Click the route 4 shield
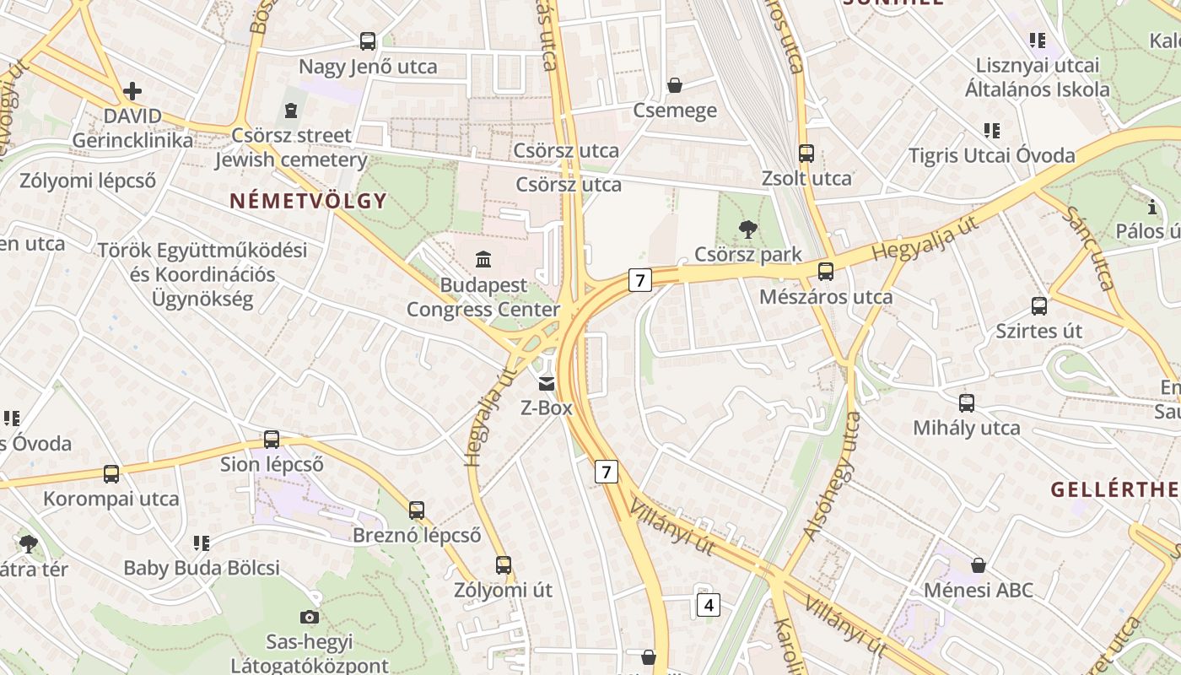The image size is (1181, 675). [709, 604]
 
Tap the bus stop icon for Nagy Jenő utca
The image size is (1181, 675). [368, 40]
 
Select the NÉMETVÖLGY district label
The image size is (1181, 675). [308, 201]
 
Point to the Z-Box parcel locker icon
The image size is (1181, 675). [547, 384]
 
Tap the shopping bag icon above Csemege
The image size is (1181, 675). [675, 85]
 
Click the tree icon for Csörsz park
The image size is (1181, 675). [747, 229]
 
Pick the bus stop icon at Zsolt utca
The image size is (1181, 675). [806, 154]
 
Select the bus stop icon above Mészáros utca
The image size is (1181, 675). [826, 272]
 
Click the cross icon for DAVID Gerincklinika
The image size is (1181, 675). [132, 91]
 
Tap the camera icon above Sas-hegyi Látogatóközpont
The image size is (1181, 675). [310, 617]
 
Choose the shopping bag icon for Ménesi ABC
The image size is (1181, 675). [979, 564]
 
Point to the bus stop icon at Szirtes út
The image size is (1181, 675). [1039, 306]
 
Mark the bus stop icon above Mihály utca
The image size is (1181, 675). [967, 403]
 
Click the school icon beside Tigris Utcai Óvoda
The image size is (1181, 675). [992, 131]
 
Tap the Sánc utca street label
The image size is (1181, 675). [1089, 248]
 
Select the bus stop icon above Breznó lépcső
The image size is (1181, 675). [417, 510]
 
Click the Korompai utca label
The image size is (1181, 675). [111, 499]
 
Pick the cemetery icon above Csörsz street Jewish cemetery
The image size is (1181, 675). [291, 110]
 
